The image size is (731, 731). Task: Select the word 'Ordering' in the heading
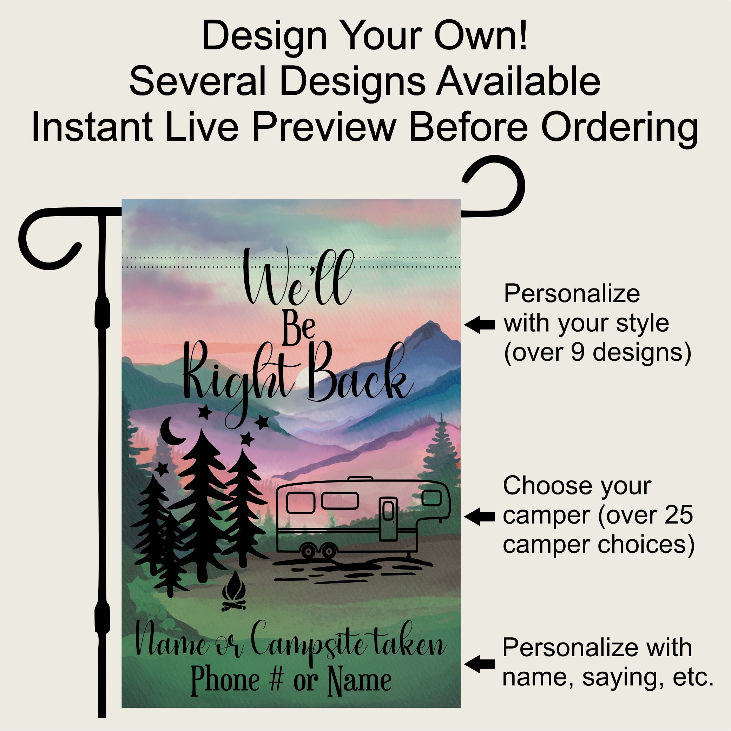619,129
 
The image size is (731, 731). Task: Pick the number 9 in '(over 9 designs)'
578,352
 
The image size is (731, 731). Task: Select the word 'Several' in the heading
197,82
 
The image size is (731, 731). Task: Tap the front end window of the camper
432,498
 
